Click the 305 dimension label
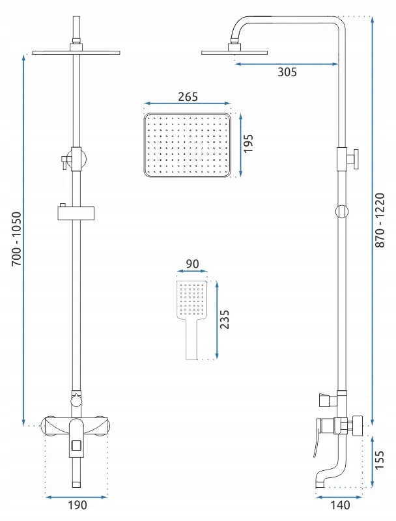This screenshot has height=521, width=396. pyautogui.click(x=287, y=72)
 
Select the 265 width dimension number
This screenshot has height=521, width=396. pyautogui.click(x=187, y=96)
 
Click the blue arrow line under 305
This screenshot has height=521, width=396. pyautogui.click(x=287, y=63)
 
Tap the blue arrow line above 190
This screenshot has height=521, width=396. pyautogui.click(x=77, y=496)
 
